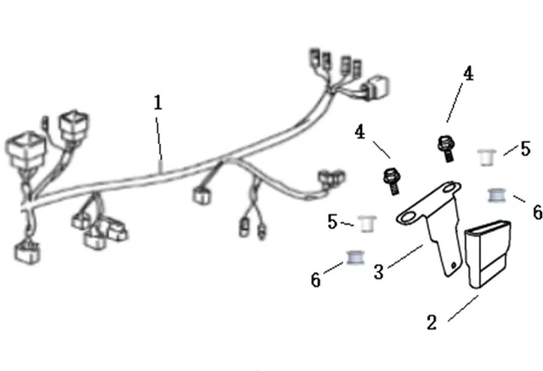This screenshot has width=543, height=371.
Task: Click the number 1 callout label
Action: (158, 103)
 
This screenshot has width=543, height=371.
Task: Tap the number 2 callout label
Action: (432, 323)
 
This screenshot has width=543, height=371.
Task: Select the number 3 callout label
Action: (379, 272)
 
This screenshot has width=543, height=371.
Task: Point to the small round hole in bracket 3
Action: (454, 265)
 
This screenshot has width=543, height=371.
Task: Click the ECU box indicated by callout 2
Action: (487, 254)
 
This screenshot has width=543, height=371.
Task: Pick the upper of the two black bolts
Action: (446, 147)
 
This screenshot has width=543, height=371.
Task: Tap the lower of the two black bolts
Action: (392, 180)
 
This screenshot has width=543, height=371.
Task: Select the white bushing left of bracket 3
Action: (367, 224)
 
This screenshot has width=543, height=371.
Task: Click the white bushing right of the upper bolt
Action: (486, 158)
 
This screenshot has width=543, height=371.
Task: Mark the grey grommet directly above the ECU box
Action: (497, 195)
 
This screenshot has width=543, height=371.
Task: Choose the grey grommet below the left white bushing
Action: (356, 257)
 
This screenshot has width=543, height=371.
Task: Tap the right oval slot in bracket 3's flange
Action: (449, 187)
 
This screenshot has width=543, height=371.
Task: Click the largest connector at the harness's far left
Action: (26, 149)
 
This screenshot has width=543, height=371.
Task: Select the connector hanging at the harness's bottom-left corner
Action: (27, 252)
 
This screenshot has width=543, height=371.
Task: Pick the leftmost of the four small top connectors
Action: (315, 58)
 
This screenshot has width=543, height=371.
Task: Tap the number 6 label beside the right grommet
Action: (537, 211)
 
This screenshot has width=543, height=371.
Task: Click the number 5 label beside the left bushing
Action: (333, 222)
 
